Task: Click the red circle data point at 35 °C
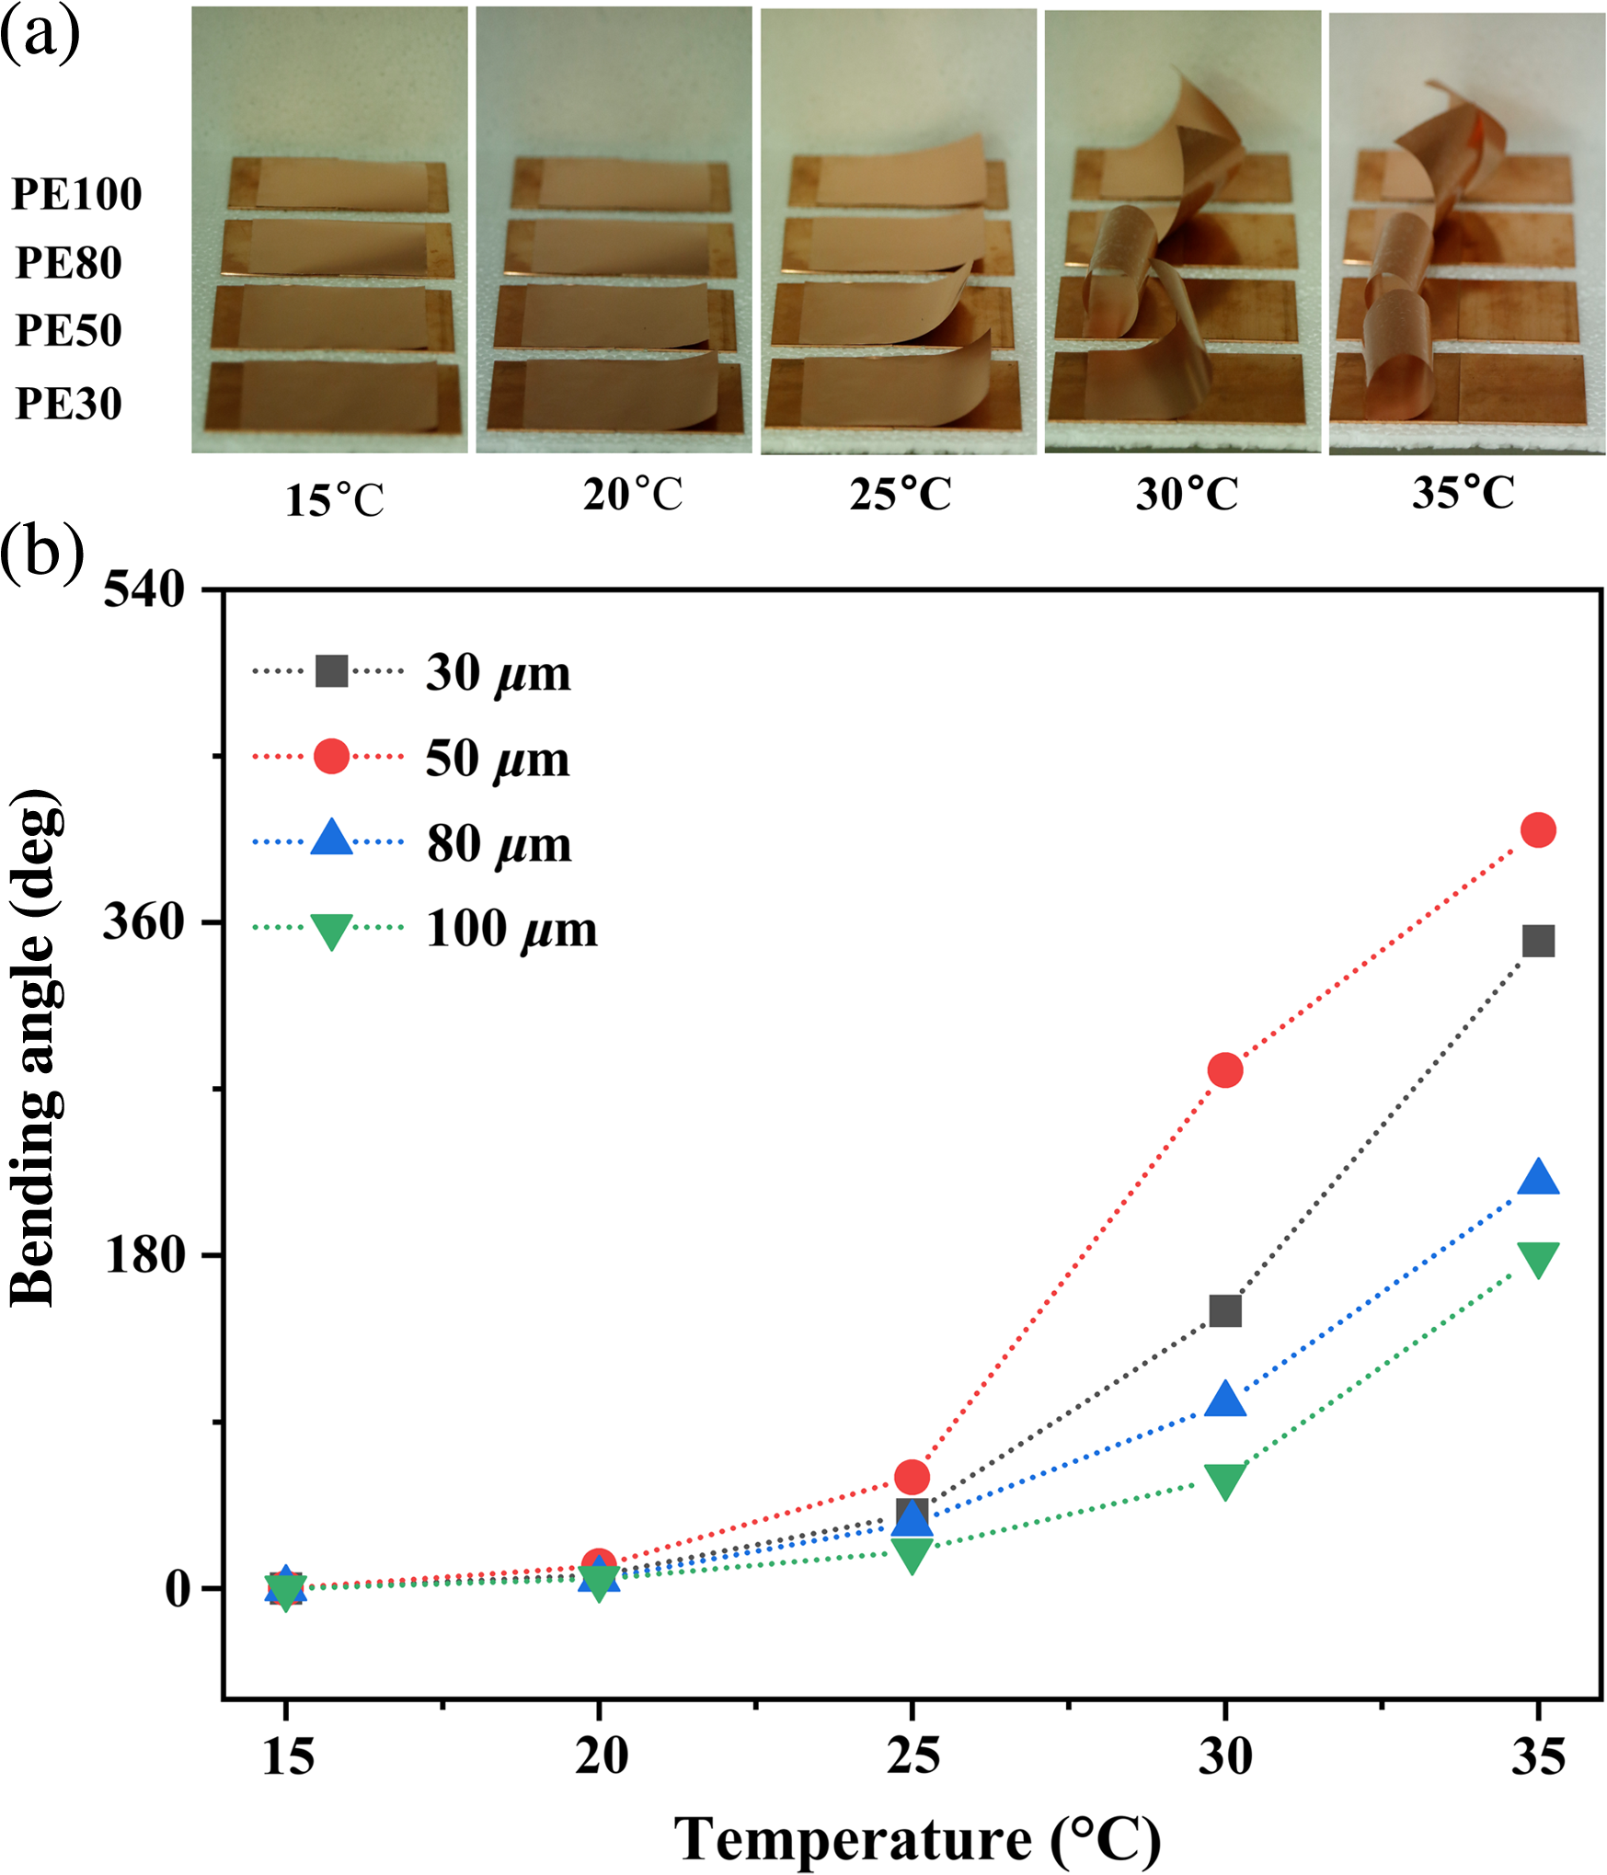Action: (1538, 829)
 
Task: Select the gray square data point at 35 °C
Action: (1538, 941)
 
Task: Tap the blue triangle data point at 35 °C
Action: (1538, 1176)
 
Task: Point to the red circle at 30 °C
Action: (1225, 1069)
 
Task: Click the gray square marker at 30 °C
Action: (1225, 1310)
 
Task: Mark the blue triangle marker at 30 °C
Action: (1225, 1398)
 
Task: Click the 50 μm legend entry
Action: (411, 758)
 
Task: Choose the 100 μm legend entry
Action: (425, 929)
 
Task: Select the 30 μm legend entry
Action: (411, 672)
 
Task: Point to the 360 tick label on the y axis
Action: (145, 920)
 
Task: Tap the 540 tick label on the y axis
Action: (145, 589)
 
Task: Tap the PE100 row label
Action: (76, 194)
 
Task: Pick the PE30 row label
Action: (69, 404)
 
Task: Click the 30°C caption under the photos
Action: (1187, 494)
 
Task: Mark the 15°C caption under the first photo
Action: (335, 500)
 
